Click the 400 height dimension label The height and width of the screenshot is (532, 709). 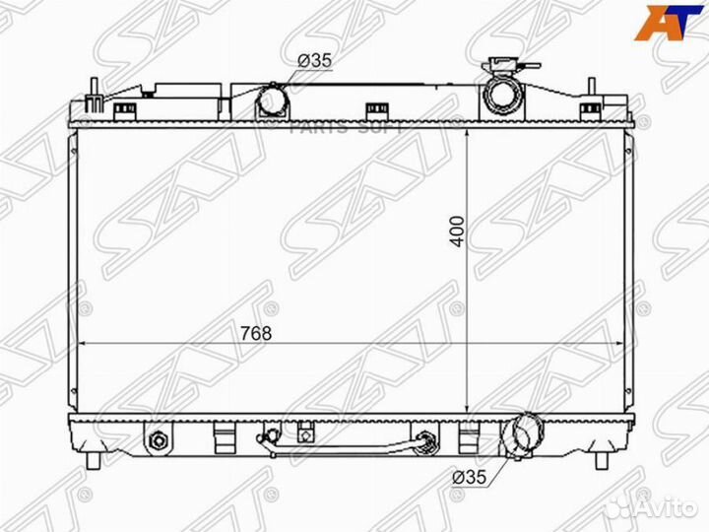pyautogui.click(x=456, y=233)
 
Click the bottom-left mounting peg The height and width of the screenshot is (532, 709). pyautogui.click(x=93, y=460)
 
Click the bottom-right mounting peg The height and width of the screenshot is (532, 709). pyautogui.click(x=602, y=460)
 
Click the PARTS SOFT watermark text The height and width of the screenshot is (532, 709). pyautogui.click(x=345, y=125)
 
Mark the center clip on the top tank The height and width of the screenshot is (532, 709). pyautogui.click(x=375, y=108)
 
